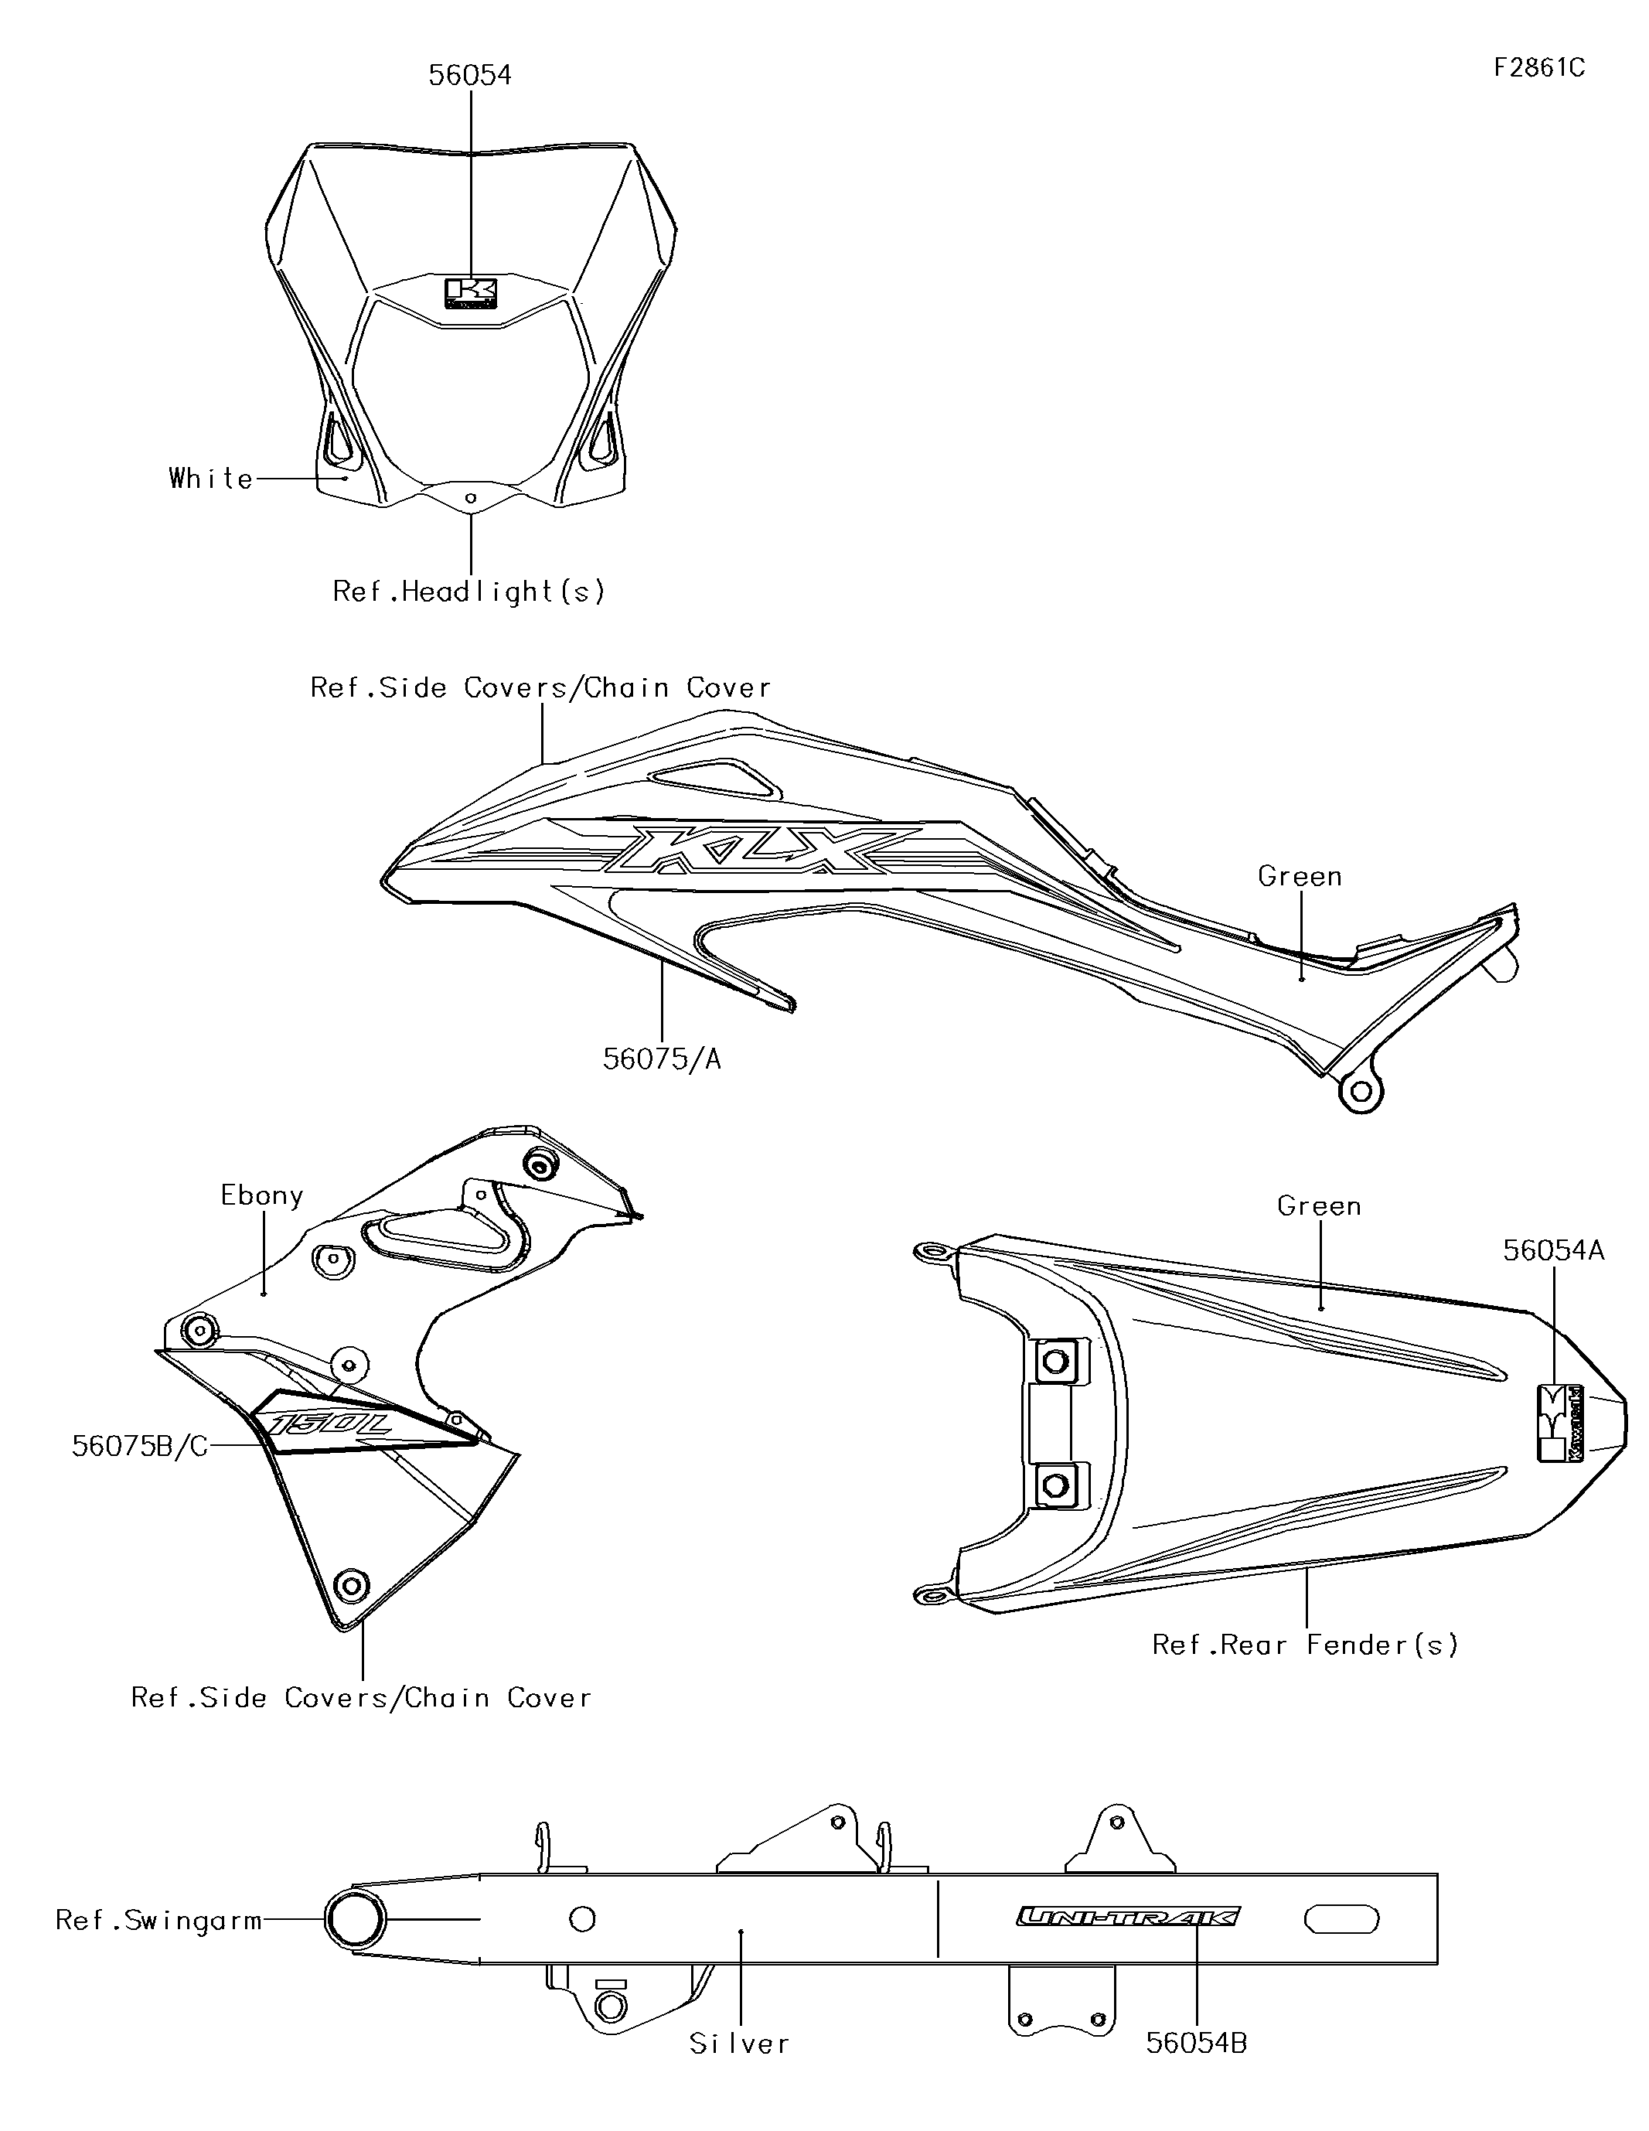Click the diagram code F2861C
[1538, 68]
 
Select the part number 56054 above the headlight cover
[469, 75]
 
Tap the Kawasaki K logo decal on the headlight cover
[472, 293]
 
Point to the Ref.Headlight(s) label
[469, 592]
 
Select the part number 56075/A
[662, 1059]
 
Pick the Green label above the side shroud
[1300, 876]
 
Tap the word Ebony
[261, 1196]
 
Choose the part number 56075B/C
[139, 1446]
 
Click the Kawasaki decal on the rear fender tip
[1560, 1423]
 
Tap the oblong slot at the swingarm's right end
[1341, 1919]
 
